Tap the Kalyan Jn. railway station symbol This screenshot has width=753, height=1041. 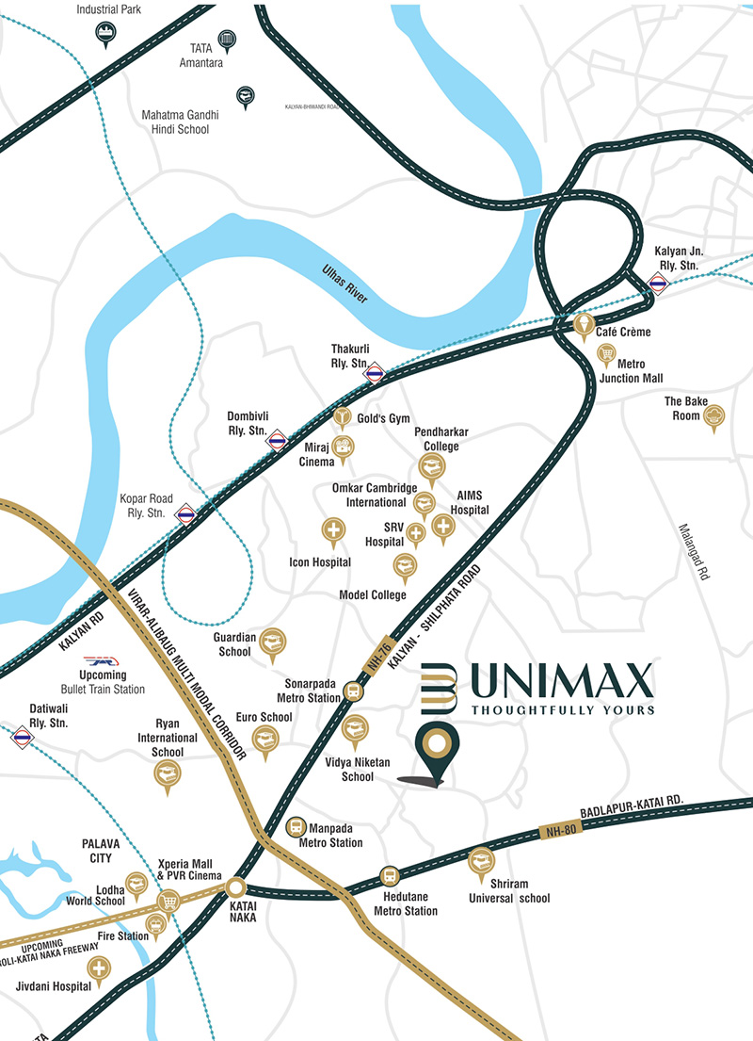(x=659, y=281)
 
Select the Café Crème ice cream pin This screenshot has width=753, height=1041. (x=585, y=326)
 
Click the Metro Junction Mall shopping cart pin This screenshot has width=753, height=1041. (x=607, y=355)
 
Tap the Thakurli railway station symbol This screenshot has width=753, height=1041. (x=375, y=371)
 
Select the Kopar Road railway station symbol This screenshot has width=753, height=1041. (x=185, y=513)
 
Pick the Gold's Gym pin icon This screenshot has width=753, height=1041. (x=343, y=416)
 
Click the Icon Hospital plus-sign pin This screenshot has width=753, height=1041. (x=333, y=531)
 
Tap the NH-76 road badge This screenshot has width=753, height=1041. (x=378, y=653)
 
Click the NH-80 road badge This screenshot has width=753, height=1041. (x=560, y=830)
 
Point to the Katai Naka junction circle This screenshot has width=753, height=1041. (x=234, y=886)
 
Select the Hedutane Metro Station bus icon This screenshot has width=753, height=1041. (x=389, y=875)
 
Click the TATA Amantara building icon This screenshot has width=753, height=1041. (x=226, y=41)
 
